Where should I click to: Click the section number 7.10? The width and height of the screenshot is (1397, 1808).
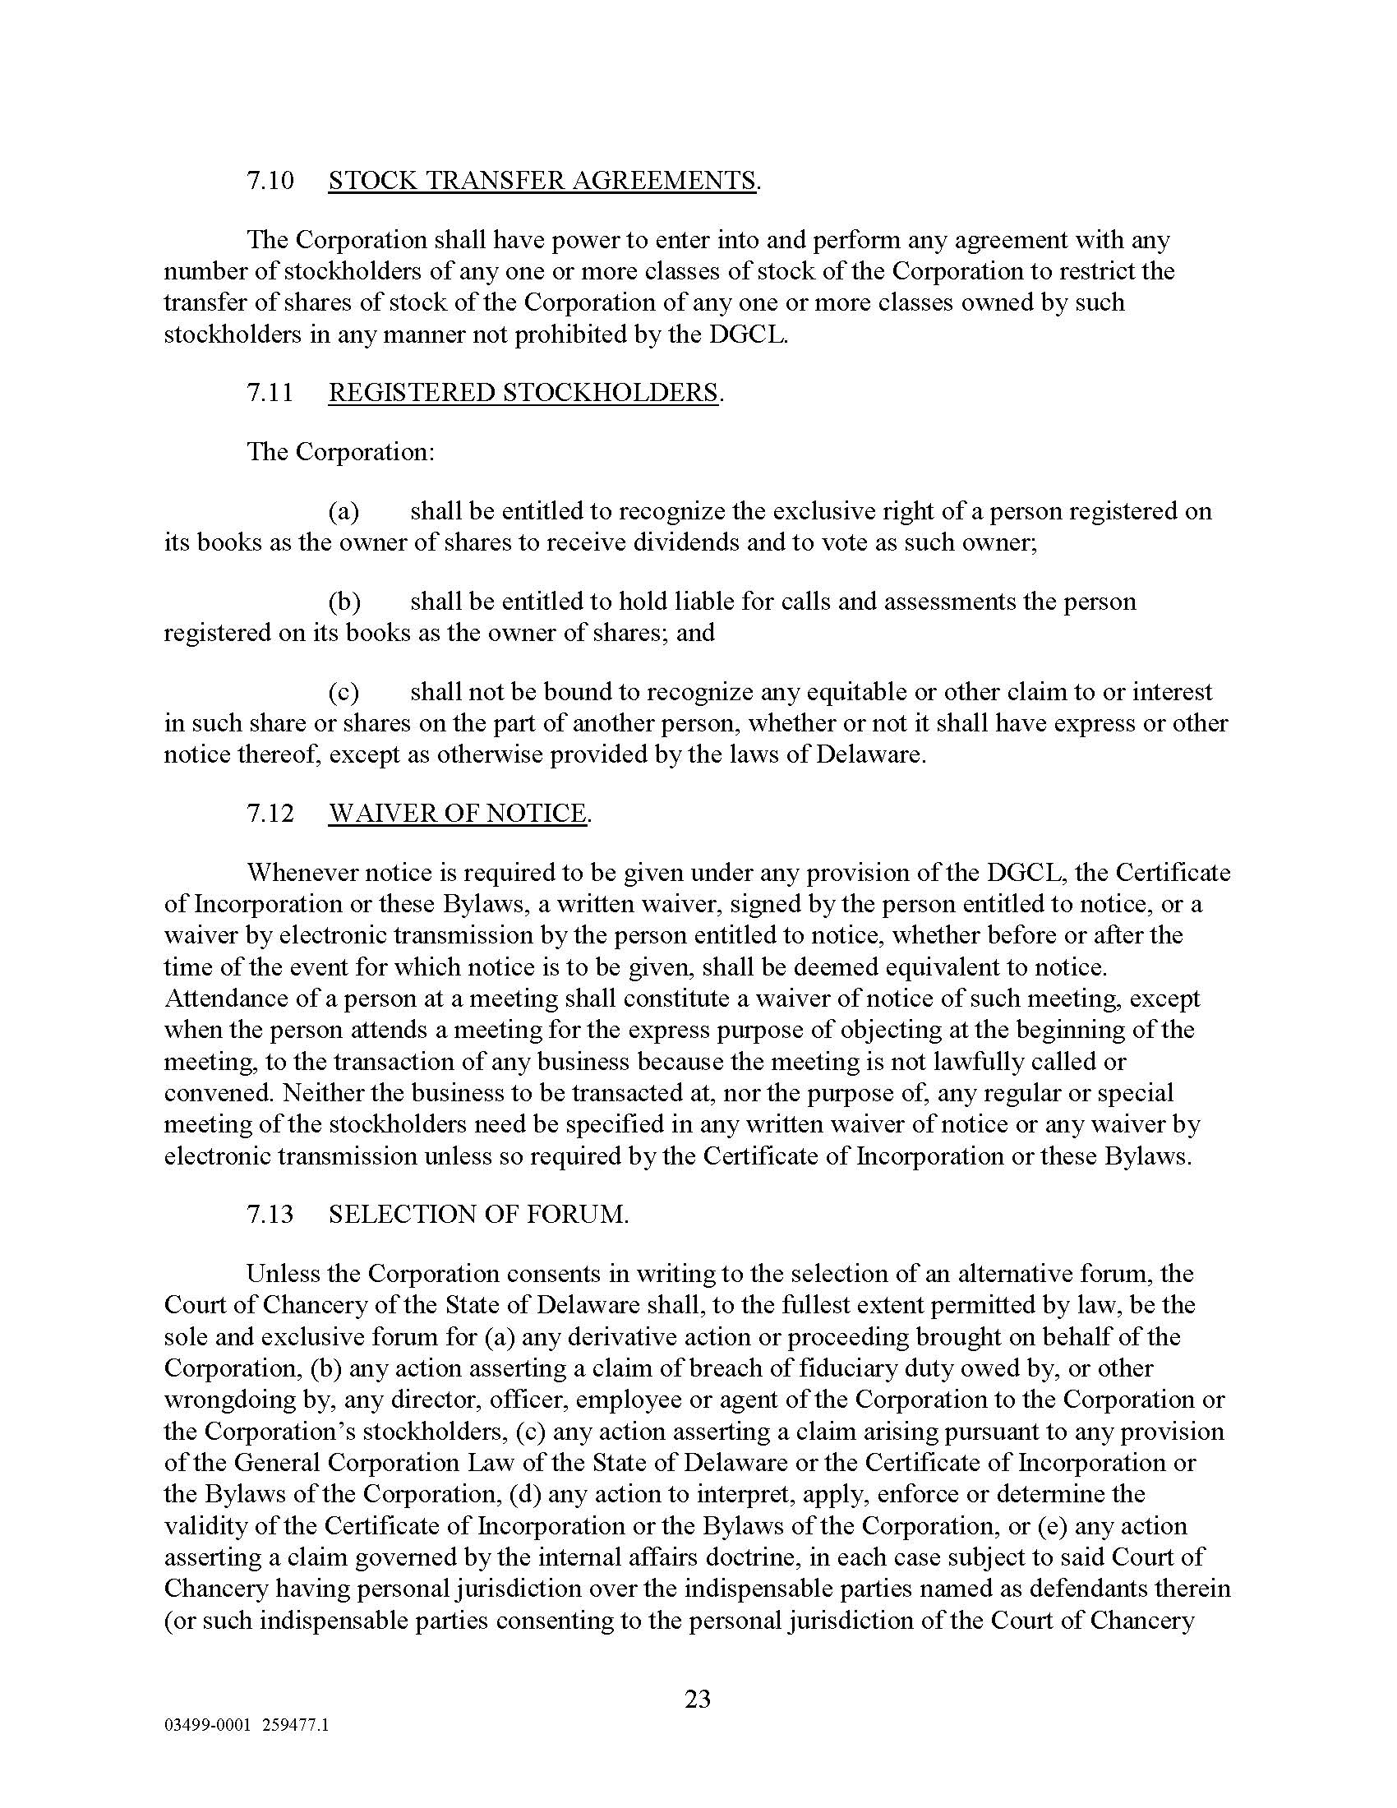click(270, 181)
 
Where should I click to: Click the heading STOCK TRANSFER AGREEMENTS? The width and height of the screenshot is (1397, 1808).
click(542, 181)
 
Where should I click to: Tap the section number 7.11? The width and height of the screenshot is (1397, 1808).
click(270, 392)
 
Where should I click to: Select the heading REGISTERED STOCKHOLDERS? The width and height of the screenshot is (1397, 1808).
click(524, 392)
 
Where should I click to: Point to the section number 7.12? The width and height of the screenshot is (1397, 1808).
click(270, 813)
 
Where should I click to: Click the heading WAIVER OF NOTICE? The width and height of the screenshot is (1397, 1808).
click(458, 813)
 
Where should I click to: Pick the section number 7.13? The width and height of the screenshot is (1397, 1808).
click(270, 1215)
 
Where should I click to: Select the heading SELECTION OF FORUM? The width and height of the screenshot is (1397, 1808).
click(477, 1215)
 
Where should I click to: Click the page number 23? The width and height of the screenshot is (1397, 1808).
click(698, 1700)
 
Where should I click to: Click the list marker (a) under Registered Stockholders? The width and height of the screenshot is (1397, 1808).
click(344, 512)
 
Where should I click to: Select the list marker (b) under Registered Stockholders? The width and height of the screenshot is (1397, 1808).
click(344, 602)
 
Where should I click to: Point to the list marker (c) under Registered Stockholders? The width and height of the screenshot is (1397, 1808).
click(344, 692)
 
